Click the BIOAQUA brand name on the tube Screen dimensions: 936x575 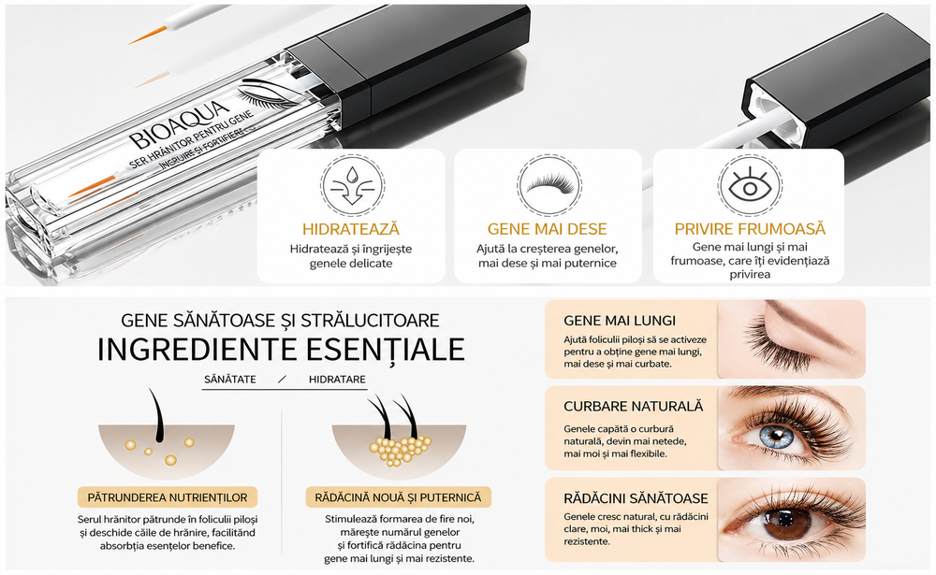click(179, 126)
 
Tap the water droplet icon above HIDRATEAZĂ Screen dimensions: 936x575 click(352, 185)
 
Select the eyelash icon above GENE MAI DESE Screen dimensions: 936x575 click(548, 183)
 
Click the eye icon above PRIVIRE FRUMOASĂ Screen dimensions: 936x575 click(750, 185)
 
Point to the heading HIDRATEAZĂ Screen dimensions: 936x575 click(351, 229)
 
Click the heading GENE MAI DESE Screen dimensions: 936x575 click(548, 229)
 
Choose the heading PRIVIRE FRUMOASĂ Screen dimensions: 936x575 click(750, 229)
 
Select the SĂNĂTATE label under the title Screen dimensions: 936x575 click(230, 380)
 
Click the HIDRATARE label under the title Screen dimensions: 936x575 click(337, 380)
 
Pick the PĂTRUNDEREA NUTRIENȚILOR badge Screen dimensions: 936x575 click(168, 497)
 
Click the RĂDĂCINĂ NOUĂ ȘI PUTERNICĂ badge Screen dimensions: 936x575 click(398, 497)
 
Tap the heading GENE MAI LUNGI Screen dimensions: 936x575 click(620, 321)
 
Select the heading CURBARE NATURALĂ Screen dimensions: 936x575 click(634, 407)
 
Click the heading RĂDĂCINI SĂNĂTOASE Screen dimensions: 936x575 click(636, 498)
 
